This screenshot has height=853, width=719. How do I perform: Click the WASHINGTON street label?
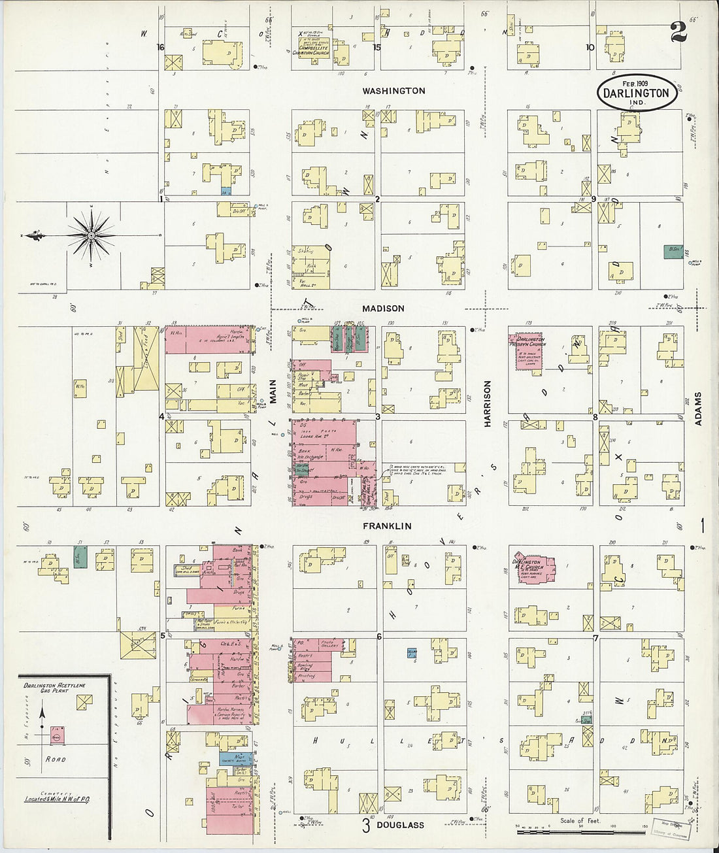(393, 91)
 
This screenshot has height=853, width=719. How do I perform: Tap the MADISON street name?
(384, 308)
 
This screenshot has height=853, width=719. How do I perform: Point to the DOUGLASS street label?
(400, 825)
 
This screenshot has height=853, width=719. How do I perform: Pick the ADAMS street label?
(697, 409)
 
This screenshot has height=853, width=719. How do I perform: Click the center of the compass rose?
(92, 235)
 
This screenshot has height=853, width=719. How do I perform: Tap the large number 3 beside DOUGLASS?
(366, 825)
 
